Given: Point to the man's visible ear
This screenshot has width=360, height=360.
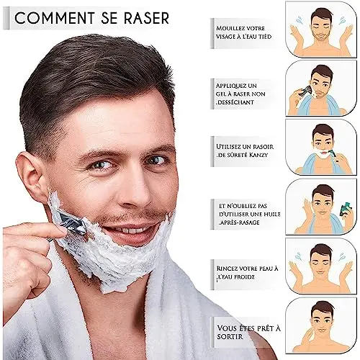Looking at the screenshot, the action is coord(30,173).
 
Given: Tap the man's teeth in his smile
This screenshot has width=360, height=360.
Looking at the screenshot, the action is coord(132,231).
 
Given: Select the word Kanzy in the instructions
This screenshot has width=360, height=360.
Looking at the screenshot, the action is coord(258,155).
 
